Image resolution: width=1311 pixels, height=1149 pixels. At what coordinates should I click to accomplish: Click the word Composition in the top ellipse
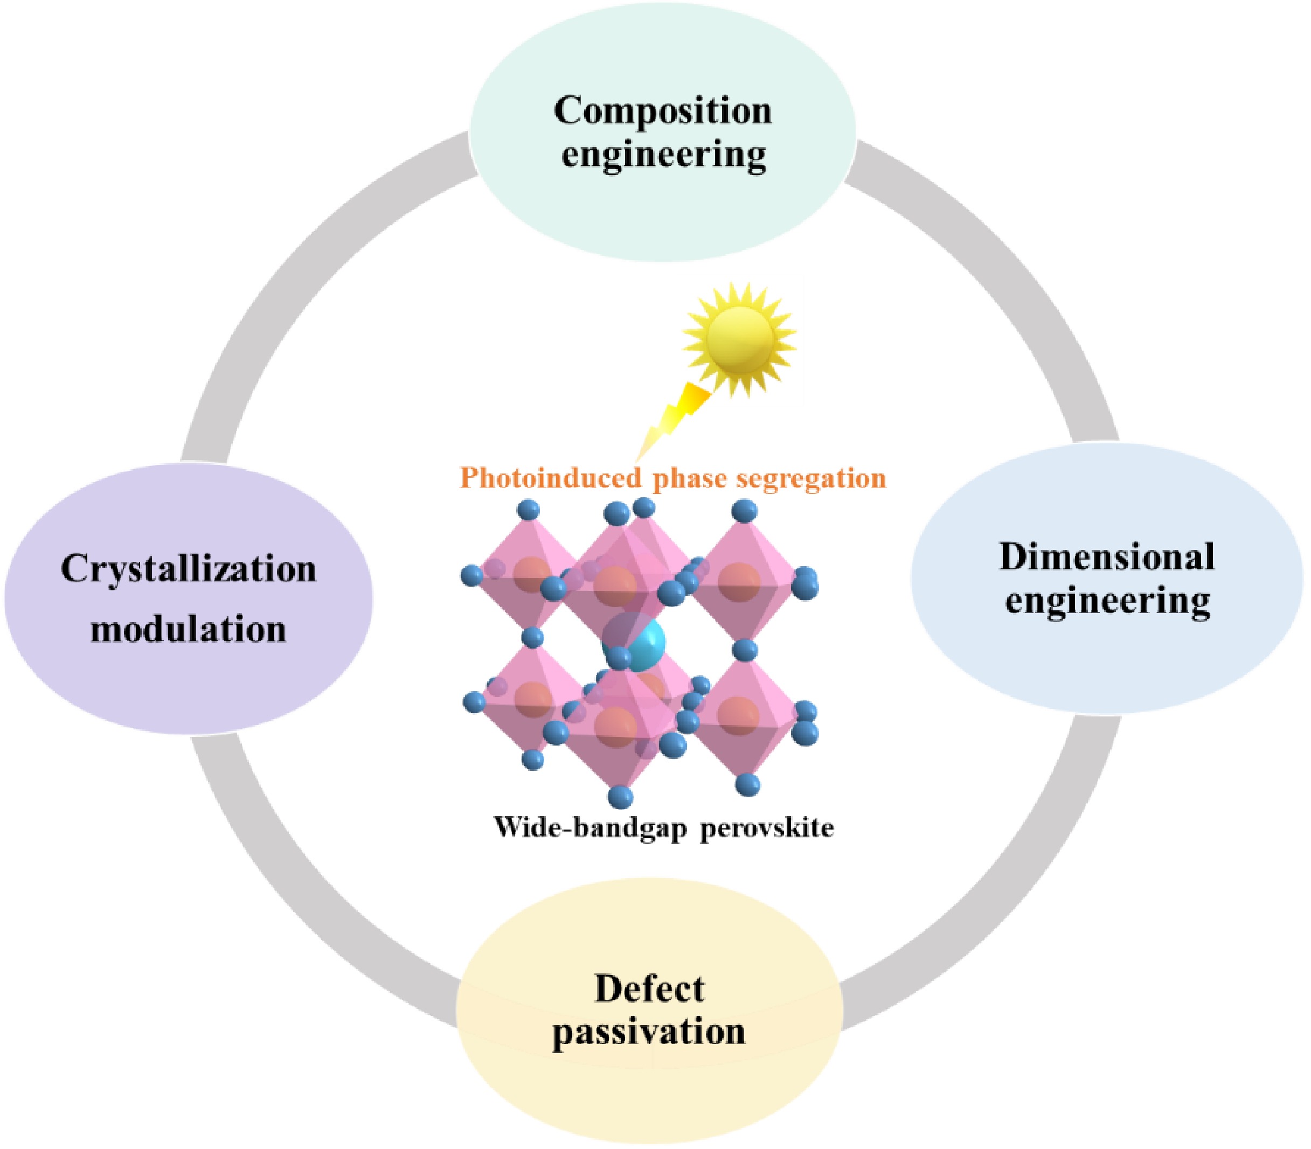(663, 110)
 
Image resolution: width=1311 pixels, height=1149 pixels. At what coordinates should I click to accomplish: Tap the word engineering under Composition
(663, 156)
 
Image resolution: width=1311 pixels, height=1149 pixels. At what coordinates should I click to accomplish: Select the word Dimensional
(1106, 556)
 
